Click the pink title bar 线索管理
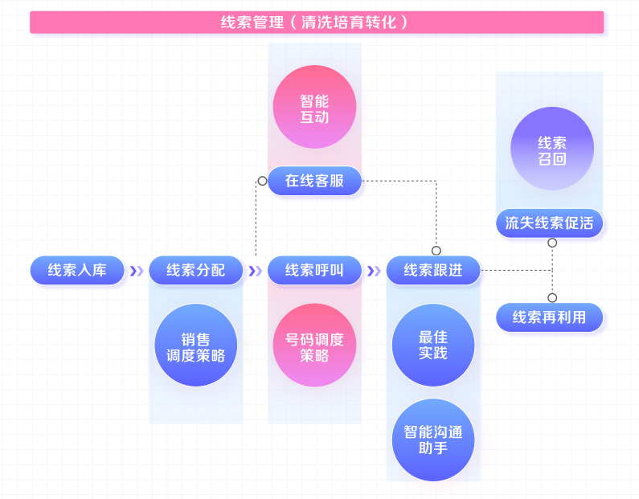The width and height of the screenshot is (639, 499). (317, 22)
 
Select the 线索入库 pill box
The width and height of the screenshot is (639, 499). (77, 270)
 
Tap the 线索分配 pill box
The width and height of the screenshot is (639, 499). (195, 270)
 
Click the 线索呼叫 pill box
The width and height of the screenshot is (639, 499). (314, 270)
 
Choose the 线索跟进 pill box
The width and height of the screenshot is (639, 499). (433, 270)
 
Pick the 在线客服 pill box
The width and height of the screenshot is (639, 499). (314, 181)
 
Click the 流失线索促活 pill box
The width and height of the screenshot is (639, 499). (549, 223)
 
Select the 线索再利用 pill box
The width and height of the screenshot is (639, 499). (549, 317)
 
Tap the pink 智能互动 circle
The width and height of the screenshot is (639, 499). (314, 107)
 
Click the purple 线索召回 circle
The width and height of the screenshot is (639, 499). (552, 149)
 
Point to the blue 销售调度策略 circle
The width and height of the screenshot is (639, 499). (195, 346)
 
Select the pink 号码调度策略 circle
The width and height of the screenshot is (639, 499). (314, 346)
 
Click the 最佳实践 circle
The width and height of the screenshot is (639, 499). (433, 346)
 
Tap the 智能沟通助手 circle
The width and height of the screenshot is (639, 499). (433, 440)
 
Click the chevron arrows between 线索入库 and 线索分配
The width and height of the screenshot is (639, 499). (137, 271)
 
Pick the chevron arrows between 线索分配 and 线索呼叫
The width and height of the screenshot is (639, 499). (255, 271)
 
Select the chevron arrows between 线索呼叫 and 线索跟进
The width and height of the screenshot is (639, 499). (374, 271)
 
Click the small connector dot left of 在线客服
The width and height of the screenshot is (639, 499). (262, 181)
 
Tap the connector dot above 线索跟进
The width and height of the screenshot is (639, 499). (436, 250)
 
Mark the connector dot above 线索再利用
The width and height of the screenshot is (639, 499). (552, 298)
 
